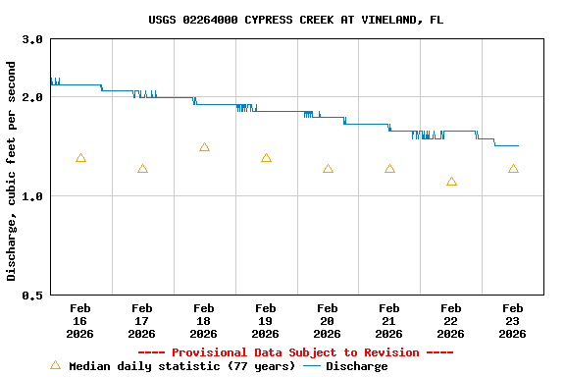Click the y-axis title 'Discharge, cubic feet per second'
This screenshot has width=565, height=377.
[x=12, y=171]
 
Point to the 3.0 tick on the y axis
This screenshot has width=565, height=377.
[x=32, y=39]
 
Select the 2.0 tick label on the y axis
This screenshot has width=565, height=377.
[x=32, y=97]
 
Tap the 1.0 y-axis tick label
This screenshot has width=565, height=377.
[x=32, y=196]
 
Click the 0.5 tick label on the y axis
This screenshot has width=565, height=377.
[x=32, y=295]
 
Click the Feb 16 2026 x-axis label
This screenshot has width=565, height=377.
[x=80, y=321]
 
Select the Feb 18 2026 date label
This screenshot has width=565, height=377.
[x=204, y=321]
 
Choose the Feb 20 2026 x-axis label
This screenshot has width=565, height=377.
[x=328, y=321]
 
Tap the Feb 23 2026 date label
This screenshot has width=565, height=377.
[x=513, y=321]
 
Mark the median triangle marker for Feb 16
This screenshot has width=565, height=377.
[x=80, y=158]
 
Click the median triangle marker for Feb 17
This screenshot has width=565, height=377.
[x=142, y=169]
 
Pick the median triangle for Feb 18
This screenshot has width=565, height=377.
[x=204, y=147]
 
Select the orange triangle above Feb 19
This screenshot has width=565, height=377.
[x=266, y=158]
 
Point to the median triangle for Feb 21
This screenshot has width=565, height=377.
[x=389, y=169]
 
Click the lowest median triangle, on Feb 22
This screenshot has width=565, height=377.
[x=451, y=182]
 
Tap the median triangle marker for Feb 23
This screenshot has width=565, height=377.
[x=513, y=169]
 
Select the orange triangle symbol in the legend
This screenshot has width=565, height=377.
[x=55, y=365]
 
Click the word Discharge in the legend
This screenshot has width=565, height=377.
[x=356, y=366]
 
